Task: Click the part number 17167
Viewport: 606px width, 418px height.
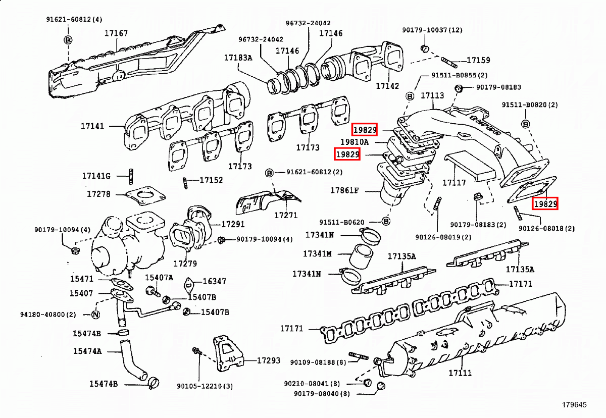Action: pyautogui.click(x=116, y=33)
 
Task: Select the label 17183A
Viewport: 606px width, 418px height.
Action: pyautogui.click(x=238, y=58)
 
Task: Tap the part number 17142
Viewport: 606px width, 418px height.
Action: pyautogui.click(x=387, y=86)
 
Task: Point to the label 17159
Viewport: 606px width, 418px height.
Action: pyautogui.click(x=478, y=61)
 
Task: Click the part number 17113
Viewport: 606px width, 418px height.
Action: pyautogui.click(x=432, y=95)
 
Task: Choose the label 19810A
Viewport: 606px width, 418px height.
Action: pyautogui.click(x=361, y=142)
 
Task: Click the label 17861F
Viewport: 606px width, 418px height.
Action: pyautogui.click(x=344, y=191)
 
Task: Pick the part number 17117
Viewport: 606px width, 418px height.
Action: pyautogui.click(x=454, y=183)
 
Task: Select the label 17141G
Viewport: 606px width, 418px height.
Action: pyautogui.click(x=96, y=176)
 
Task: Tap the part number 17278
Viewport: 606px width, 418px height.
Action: pyautogui.click(x=98, y=194)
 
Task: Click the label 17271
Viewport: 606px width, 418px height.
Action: pyautogui.click(x=286, y=215)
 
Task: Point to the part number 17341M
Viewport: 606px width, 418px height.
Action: pyautogui.click(x=318, y=253)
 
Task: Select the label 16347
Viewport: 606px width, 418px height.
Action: pyautogui.click(x=215, y=282)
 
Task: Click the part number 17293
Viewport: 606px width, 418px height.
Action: pyautogui.click(x=268, y=360)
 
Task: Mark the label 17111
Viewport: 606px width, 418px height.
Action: pyautogui.click(x=460, y=373)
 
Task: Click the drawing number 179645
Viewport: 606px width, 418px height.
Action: pyautogui.click(x=575, y=405)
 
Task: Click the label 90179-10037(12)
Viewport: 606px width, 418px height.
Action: pyautogui.click(x=432, y=30)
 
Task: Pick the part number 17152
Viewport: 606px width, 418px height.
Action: pyautogui.click(x=211, y=180)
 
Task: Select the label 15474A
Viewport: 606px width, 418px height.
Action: pyautogui.click(x=87, y=351)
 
